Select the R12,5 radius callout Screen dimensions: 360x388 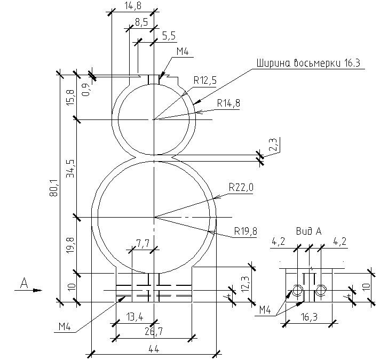(x=205, y=81)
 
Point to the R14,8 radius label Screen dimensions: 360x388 (x=228, y=103)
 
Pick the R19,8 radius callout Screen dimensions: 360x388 (x=246, y=231)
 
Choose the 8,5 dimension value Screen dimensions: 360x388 (x=142, y=22)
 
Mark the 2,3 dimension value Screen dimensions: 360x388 (x=272, y=145)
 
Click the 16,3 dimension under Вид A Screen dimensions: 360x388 (x=309, y=317)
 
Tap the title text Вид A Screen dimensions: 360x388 (x=308, y=231)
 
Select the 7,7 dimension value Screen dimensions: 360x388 (x=142, y=244)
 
